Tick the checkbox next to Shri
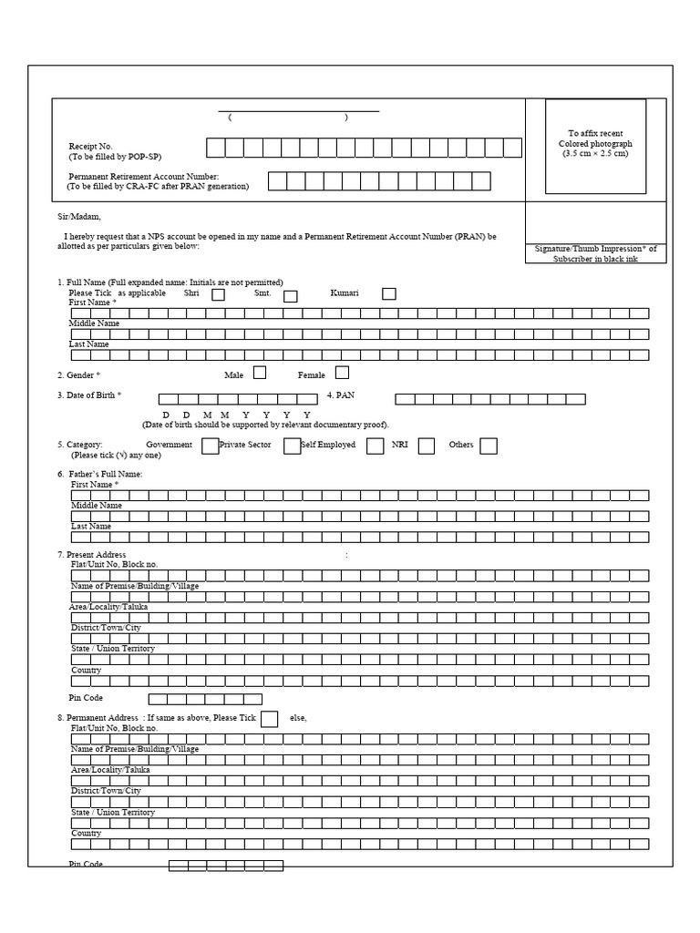click(x=219, y=294)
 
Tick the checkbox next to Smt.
click(x=291, y=295)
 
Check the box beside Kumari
click(x=389, y=293)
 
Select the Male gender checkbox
click(x=260, y=373)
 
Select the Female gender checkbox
click(x=342, y=373)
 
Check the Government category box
click(x=210, y=446)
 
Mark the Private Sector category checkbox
click(x=292, y=446)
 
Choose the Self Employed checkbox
click(x=375, y=446)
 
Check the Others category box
click(x=489, y=446)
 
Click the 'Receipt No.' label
click(x=90, y=146)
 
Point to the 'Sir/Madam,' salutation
click(x=79, y=217)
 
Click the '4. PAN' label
click(x=340, y=395)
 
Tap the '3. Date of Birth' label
click(x=89, y=395)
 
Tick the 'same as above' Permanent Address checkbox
click(x=269, y=719)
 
